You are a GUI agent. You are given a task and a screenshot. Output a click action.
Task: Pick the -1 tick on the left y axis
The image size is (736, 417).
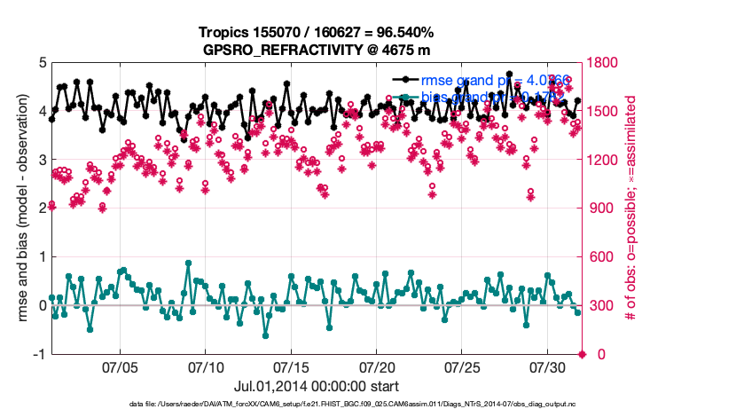[x=39, y=354]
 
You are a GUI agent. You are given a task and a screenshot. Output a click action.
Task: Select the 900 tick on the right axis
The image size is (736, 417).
[x=603, y=208]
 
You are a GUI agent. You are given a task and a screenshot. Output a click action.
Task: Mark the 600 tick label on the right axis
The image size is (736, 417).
[x=603, y=257]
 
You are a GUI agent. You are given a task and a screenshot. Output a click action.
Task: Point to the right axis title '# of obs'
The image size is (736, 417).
[x=632, y=208]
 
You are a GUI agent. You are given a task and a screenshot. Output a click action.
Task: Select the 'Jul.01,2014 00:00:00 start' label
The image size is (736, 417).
[x=316, y=387]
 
